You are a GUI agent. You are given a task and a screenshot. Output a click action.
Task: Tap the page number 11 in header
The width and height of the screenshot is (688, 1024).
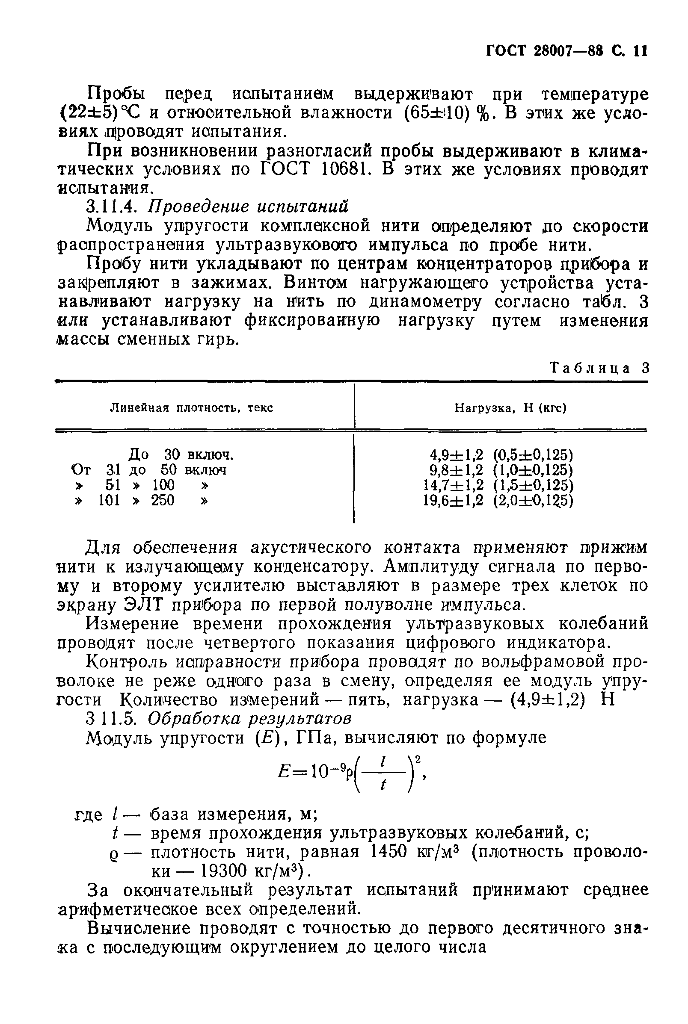pyautogui.click(x=640, y=51)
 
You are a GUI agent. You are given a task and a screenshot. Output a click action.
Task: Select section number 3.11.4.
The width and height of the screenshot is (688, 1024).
pyautogui.click(x=113, y=207)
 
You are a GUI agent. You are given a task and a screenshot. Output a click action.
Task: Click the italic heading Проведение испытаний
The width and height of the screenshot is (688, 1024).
pyautogui.click(x=248, y=207)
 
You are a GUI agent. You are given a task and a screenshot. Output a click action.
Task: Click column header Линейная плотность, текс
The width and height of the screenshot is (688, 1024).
pyautogui.click(x=191, y=408)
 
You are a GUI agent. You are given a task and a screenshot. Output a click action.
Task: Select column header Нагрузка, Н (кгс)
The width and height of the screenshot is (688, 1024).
pyautogui.click(x=510, y=408)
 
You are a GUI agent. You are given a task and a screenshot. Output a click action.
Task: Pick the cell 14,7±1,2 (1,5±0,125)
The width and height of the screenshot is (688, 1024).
pyautogui.click(x=498, y=485)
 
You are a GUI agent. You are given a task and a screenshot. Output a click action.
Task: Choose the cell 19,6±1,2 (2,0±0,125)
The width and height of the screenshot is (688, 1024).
pyautogui.click(x=498, y=500)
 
